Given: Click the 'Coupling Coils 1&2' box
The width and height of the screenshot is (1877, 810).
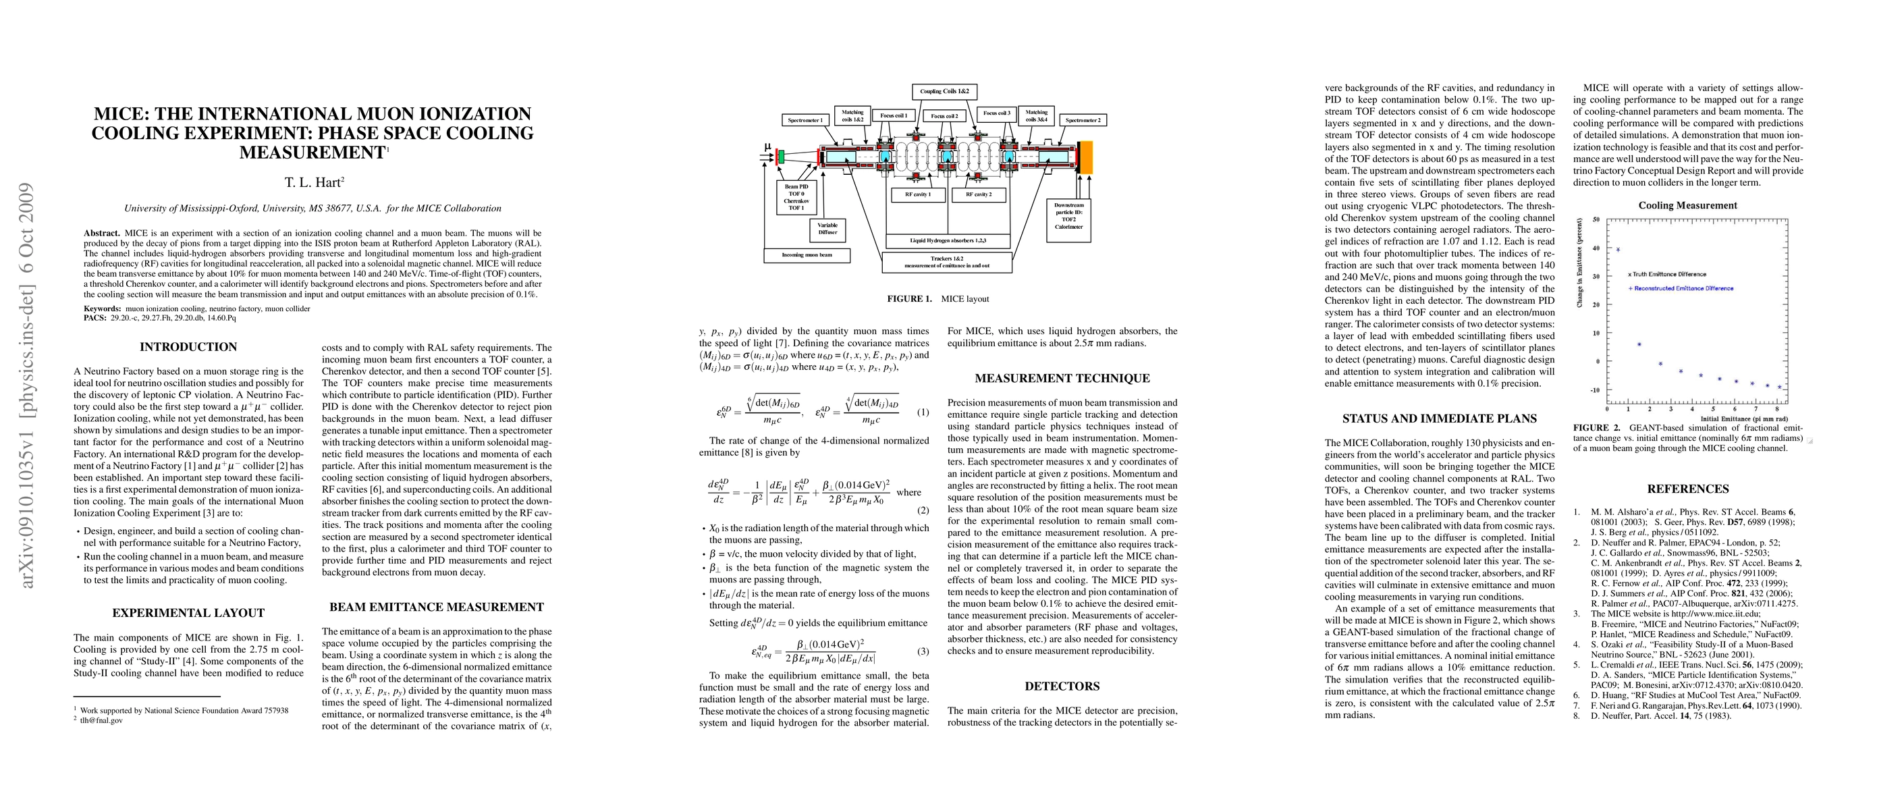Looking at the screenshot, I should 944,92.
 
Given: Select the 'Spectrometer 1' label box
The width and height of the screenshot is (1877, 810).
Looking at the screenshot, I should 805,120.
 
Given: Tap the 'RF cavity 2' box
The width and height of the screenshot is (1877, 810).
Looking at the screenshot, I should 979,195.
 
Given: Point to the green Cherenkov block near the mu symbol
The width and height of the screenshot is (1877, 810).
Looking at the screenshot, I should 780,157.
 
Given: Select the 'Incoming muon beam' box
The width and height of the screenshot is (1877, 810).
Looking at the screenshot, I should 807,255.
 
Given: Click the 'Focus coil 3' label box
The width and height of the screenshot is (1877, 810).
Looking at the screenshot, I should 996,113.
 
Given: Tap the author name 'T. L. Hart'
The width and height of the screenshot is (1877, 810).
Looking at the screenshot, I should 313,183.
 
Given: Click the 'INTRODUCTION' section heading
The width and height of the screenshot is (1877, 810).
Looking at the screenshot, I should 189,348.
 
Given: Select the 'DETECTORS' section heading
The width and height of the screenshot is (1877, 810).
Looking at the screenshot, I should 1062,686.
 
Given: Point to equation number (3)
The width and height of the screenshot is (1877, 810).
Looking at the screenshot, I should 923,651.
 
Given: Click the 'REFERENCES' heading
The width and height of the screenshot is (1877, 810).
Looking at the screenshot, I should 1688,489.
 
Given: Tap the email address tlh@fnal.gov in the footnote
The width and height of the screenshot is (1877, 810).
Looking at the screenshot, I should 101,720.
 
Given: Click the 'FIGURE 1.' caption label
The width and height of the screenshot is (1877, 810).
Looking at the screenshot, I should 908,298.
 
